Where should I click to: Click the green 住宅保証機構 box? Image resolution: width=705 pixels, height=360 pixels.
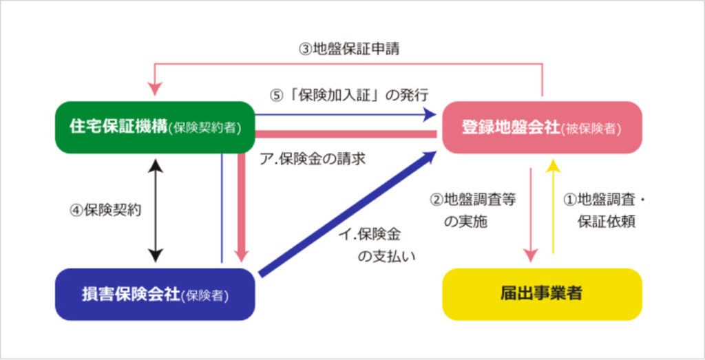pyautogui.click(x=154, y=127)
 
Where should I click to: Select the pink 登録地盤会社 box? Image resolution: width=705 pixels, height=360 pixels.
pyautogui.click(x=542, y=127)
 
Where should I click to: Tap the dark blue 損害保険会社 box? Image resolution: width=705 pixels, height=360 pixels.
pyautogui.click(x=154, y=295)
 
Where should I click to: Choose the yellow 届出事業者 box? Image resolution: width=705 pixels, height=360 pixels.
pyautogui.click(x=542, y=294)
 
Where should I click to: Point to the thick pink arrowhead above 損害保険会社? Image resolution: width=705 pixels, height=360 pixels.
pyautogui.click(x=241, y=251)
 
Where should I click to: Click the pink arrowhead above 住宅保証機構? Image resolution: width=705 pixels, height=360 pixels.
pyautogui.click(x=155, y=88)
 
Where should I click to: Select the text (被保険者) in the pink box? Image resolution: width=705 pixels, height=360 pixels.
pyautogui.click(x=592, y=129)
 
